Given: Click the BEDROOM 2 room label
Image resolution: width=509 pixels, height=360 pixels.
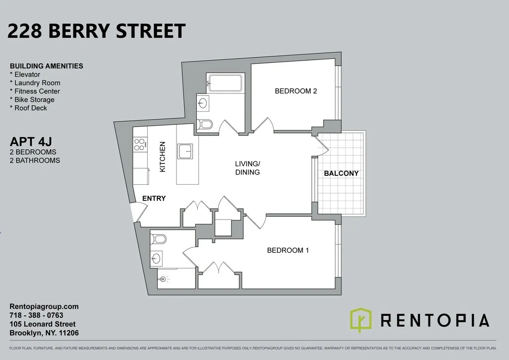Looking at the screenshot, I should (296, 91).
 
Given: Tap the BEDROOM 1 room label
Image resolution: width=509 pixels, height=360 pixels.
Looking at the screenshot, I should (288, 250).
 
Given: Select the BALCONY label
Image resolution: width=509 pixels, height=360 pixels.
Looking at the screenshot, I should (341, 173).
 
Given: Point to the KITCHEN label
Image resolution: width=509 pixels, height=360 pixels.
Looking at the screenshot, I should (162, 157).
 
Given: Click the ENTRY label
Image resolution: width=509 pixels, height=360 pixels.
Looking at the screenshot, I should (154, 198).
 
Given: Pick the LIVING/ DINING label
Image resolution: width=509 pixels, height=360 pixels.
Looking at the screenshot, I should (248, 168).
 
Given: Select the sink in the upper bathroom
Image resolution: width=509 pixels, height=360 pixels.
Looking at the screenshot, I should (203, 102).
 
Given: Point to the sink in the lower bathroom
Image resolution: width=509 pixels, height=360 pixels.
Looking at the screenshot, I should (156, 257).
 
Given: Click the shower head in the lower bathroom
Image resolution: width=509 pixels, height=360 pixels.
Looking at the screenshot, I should (164, 279).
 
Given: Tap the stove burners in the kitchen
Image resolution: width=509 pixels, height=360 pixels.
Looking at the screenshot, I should (139, 145).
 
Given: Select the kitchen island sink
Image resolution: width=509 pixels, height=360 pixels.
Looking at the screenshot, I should (185, 151).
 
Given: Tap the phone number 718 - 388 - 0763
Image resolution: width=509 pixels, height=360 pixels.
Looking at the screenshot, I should (36, 315).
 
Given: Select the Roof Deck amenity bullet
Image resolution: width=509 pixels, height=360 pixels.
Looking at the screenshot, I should (28, 108).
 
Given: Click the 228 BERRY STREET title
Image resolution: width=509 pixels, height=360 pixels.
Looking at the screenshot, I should (97, 31).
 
